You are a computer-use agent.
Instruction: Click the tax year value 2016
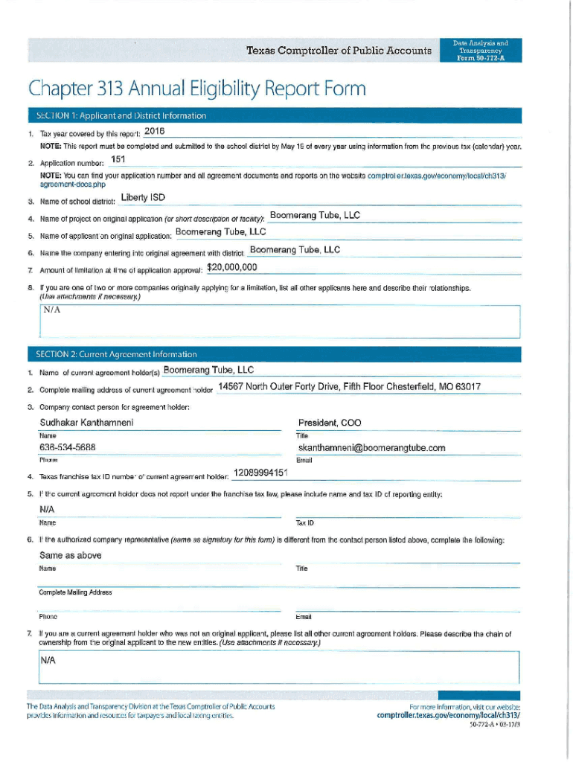coord(154,131)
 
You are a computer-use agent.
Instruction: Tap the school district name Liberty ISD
coord(143,198)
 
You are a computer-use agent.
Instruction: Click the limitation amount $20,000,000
coord(231,268)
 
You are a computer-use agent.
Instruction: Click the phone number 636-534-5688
coord(67,448)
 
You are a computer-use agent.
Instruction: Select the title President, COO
coord(330,423)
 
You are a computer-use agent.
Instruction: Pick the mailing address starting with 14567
coord(349,387)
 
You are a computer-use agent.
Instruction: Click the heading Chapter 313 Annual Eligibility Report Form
coord(197,90)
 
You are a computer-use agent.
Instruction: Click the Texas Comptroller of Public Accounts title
coord(339,51)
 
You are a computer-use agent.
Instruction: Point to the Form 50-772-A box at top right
coord(480,50)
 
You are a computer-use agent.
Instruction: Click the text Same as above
coord(70,555)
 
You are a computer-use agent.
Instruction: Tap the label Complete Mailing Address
coord(75,592)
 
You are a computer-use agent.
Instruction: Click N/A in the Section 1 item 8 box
coord(51,309)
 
